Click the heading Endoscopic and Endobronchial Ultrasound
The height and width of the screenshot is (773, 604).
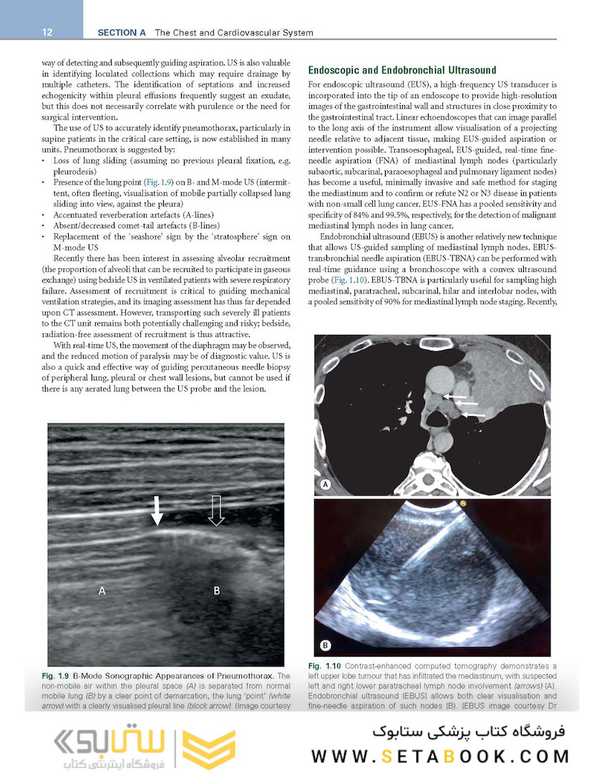tap(401, 70)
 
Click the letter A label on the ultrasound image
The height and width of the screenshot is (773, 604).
tap(102, 590)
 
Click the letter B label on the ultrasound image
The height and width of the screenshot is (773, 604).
tap(217, 590)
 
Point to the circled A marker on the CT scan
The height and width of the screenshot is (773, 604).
tap(326, 485)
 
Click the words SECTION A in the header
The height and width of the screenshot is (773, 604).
tap(121, 32)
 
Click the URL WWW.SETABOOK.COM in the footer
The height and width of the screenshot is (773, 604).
tap(440, 756)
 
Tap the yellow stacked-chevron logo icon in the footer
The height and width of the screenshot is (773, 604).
tap(209, 749)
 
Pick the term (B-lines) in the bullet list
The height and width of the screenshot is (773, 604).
tap(203, 225)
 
